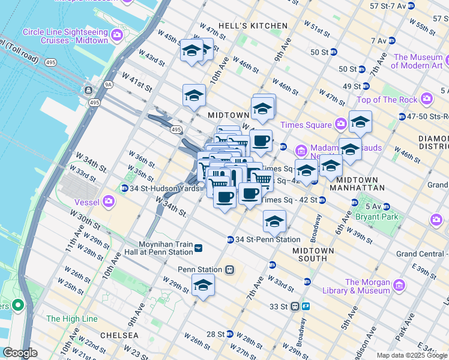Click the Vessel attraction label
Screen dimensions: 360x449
pos(86,202)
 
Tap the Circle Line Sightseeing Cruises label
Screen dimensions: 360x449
pos(65,35)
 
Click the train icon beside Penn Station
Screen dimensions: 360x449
pos(229,270)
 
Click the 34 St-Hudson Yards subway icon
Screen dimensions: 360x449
pos(124,188)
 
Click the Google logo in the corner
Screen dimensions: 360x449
pos(20,353)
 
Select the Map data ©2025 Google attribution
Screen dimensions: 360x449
pos(412,355)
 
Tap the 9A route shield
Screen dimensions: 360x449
pos(108,85)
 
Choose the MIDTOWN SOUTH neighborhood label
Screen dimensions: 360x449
pos(310,254)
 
